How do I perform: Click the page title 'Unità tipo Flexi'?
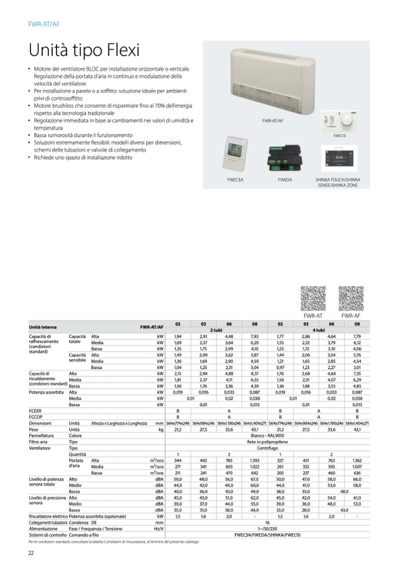coord(84,50)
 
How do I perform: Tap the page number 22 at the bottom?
coord(31,552)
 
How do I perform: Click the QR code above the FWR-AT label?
coord(312,298)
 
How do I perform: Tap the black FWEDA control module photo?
coord(281,157)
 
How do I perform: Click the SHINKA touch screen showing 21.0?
coord(338,158)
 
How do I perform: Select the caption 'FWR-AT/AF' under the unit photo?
coord(272,121)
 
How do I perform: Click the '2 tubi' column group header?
coord(215,331)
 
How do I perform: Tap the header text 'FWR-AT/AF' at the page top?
coord(44,24)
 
